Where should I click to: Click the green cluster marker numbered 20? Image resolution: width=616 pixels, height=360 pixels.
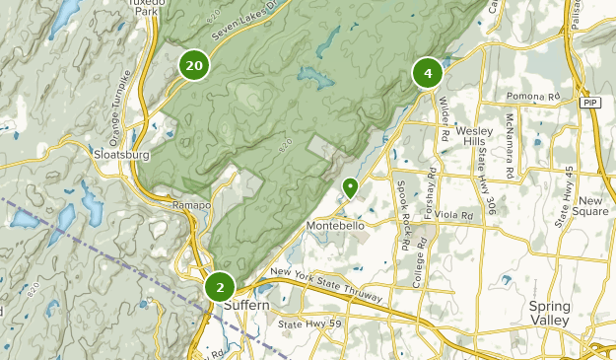(x=194, y=66)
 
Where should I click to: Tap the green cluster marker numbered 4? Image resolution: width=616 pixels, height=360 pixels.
(x=427, y=73)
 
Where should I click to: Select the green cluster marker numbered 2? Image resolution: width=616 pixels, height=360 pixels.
(x=219, y=287)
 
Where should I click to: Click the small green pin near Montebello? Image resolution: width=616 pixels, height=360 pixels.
(x=350, y=186)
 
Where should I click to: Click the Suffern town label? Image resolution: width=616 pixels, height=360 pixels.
(x=245, y=305)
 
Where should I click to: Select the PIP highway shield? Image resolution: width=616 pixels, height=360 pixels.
(x=590, y=103)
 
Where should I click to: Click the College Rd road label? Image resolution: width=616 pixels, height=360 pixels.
(x=419, y=252)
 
